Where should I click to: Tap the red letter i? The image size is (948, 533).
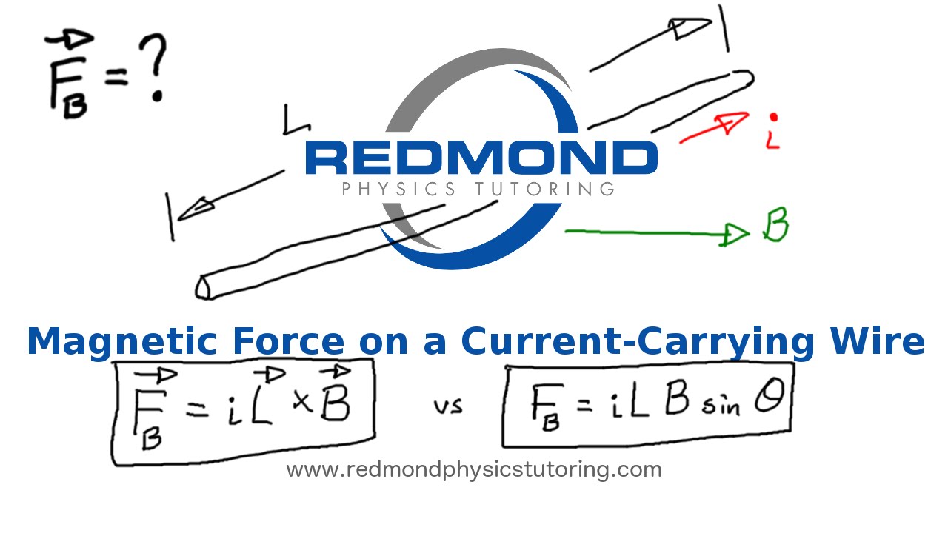pyautogui.click(x=773, y=133)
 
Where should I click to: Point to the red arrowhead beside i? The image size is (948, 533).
pyautogui.click(x=733, y=121)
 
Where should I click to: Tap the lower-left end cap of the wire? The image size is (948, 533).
pyautogui.click(x=203, y=287)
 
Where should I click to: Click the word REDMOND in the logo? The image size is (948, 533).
pyautogui.click(x=481, y=158)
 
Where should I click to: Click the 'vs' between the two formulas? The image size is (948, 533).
pyautogui.click(x=447, y=406)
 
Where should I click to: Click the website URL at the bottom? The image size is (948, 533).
pyautogui.click(x=473, y=469)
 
